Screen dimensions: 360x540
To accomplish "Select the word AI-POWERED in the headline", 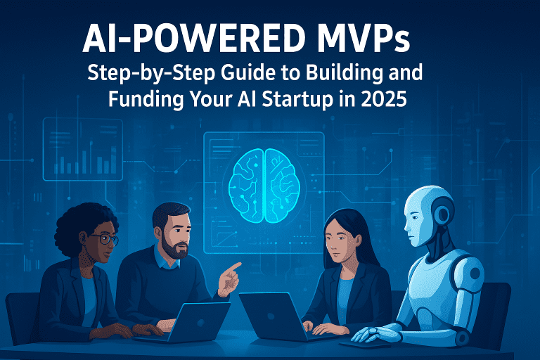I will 181,40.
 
